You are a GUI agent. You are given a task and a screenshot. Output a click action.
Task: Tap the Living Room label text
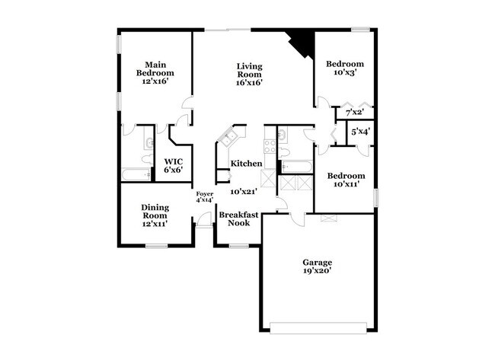click(249, 71)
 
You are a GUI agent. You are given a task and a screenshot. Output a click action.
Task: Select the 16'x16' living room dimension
click(249, 83)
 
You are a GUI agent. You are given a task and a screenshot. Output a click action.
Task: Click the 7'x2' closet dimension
click(354, 113)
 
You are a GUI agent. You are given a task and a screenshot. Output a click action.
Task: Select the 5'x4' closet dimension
click(359, 132)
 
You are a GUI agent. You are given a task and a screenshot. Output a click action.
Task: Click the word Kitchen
click(247, 164)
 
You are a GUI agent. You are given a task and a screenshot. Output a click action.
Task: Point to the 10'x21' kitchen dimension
click(247, 192)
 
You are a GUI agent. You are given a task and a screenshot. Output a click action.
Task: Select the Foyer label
click(204, 194)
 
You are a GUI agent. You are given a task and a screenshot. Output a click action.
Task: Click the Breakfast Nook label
click(239, 219)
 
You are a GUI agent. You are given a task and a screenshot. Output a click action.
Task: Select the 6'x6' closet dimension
click(172, 170)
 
